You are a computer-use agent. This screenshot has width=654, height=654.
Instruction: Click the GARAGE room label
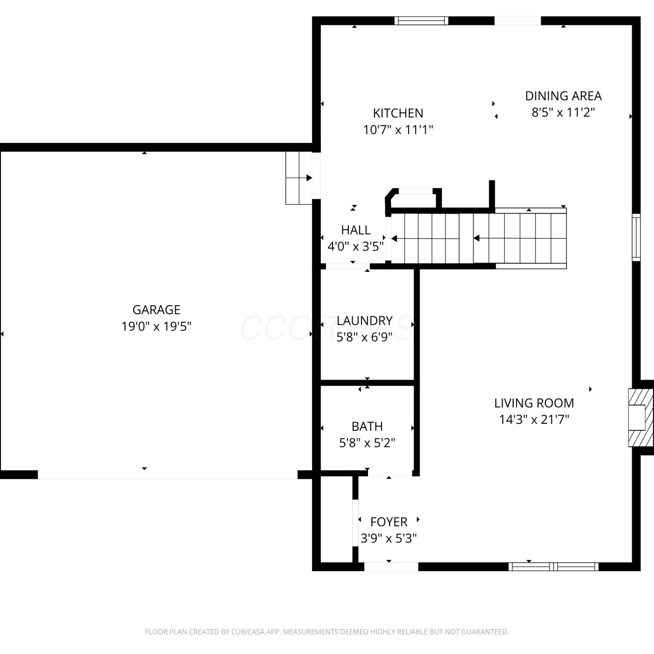point(156,310)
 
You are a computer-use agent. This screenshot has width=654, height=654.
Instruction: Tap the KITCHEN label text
point(398,113)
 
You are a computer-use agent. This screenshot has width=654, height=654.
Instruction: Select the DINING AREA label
point(563,96)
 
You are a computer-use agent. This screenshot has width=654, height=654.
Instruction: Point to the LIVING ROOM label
point(534,403)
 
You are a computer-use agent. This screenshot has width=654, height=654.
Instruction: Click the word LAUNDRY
point(364,321)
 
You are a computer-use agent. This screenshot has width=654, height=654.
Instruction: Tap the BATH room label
point(367,426)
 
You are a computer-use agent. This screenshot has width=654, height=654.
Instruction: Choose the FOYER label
point(388,522)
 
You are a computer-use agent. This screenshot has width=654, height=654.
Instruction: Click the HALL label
point(356,230)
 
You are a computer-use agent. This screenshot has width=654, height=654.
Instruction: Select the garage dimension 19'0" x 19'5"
point(156,326)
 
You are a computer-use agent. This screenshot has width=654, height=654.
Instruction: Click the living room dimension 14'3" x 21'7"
point(534,419)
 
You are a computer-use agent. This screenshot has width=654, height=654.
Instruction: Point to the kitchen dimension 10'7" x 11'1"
point(398,130)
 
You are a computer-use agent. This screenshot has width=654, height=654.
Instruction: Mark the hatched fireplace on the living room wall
point(640,417)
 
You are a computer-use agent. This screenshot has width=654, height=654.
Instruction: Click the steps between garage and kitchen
point(299,178)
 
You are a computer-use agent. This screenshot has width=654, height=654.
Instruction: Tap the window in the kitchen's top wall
point(421,20)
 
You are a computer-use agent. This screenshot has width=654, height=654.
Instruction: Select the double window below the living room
point(554,567)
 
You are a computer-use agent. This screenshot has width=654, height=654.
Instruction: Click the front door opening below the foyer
point(391,567)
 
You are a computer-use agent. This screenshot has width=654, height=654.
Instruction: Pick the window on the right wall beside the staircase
point(637,238)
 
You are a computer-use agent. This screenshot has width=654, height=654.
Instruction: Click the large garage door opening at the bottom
point(168,475)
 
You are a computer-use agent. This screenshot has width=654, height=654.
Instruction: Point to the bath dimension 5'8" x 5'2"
point(367,443)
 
